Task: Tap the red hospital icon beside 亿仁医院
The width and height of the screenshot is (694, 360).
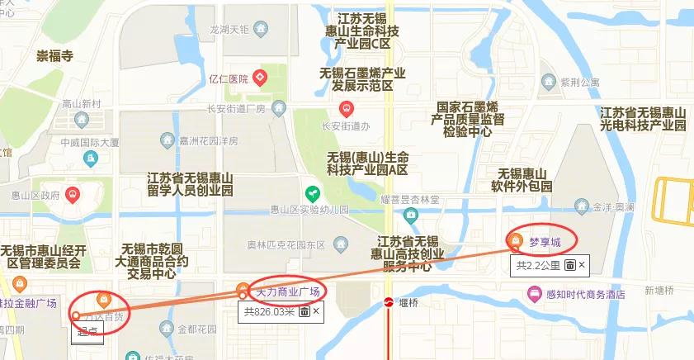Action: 260,78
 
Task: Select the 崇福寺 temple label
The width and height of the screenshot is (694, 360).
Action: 54,56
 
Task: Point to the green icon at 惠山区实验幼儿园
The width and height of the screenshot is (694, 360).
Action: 312,193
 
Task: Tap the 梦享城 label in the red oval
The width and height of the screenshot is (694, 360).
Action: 545,241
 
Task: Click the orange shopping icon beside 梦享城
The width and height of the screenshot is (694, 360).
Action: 515,240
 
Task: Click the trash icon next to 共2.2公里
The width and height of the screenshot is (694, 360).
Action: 569,265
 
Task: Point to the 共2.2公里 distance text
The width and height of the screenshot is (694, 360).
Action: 538,265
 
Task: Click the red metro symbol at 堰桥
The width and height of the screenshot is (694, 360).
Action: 388,303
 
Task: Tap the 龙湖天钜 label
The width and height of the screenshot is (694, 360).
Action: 229,29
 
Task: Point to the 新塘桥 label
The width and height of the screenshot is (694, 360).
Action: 659,290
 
